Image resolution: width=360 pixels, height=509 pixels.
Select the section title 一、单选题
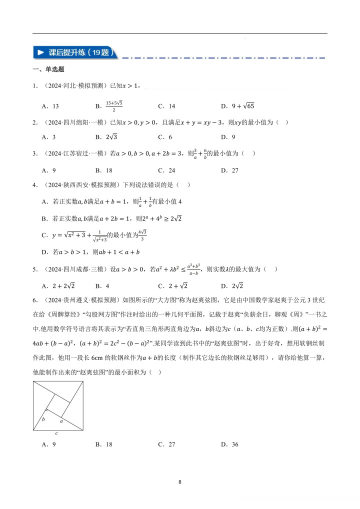tap(48, 69)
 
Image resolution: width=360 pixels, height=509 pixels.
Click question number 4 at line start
tap(34, 185)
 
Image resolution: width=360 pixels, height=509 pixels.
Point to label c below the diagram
tap(57, 433)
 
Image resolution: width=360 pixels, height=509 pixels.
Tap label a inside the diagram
tap(61, 420)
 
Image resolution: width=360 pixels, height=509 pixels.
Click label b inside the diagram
tap(43, 419)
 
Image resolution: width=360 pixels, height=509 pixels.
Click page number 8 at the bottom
tap(179, 482)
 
